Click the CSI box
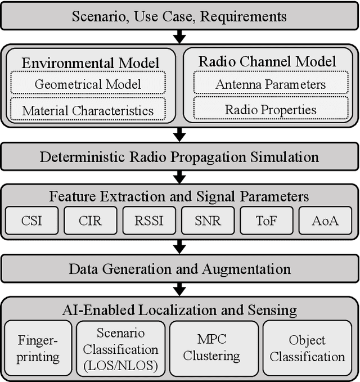[x=31, y=221]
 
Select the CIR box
[x=90, y=221]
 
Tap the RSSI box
[x=149, y=221]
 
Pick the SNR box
[x=208, y=221]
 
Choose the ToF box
[x=266, y=221]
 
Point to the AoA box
[x=325, y=221]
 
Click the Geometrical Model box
[x=88, y=84]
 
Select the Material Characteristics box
[x=88, y=110]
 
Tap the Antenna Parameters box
[x=271, y=84]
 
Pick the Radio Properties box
[x=271, y=110]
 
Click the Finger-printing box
[x=39, y=348]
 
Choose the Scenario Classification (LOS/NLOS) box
[x=120, y=348]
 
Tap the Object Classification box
[x=307, y=348]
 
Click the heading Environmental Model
[x=91, y=62]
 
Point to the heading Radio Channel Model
[x=267, y=61]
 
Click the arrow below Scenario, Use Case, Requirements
[x=179, y=38]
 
